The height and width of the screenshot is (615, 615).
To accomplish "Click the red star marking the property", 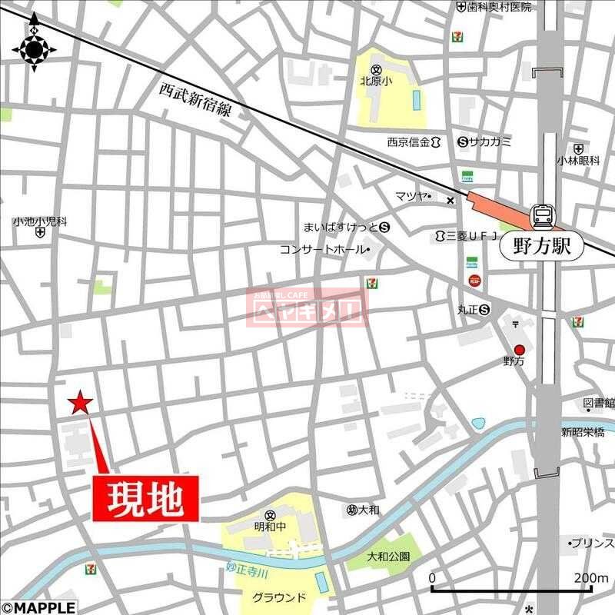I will pyautogui.click(x=80, y=402).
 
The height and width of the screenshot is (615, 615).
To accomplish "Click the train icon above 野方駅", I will pyautogui.click(x=543, y=216).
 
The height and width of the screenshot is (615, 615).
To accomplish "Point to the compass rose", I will pyautogui.click(x=35, y=50).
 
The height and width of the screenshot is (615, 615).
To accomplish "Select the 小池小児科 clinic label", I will pyautogui.click(x=39, y=221).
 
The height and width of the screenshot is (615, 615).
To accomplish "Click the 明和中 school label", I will pyautogui.click(x=270, y=527).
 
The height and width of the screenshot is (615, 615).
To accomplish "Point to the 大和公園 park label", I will pyautogui.click(x=388, y=556).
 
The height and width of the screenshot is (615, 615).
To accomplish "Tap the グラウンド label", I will pyautogui.click(x=279, y=597).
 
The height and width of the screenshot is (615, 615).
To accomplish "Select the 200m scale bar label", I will pyautogui.click(x=591, y=578).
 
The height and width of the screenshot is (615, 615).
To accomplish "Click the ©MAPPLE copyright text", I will pyautogui.click(x=38, y=607).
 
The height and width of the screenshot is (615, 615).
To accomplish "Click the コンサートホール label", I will pyautogui.click(x=322, y=249).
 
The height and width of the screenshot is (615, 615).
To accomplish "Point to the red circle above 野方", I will pyautogui.click(x=519, y=350).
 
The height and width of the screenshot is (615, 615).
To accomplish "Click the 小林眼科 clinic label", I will pyautogui.click(x=578, y=161).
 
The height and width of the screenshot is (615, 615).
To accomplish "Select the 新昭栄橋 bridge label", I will pyautogui.click(x=582, y=432).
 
